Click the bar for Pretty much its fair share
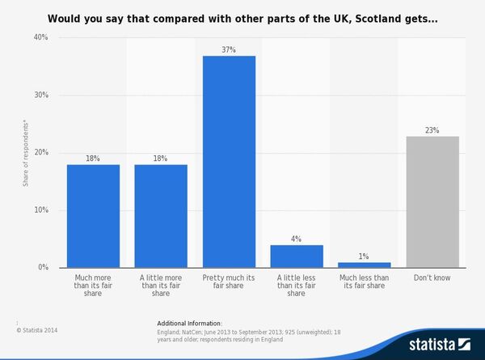coord(229,161)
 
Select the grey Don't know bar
coord(432,201)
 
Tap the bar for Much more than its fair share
coord(93,215)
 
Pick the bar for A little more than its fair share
coord(161,215)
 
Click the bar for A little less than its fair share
coord(297,256)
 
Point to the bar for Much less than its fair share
coord(364,265)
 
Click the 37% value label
coord(229,49)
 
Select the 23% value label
coord(432,129)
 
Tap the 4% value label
coord(297,239)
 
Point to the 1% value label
coord(364,256)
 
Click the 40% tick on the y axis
coord(40,37)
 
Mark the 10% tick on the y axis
coord(40,210)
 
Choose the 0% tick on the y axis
coord(43,268)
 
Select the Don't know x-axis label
coord(432,278)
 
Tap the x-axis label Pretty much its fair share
coord(229,282)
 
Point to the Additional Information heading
coord(189,323)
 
